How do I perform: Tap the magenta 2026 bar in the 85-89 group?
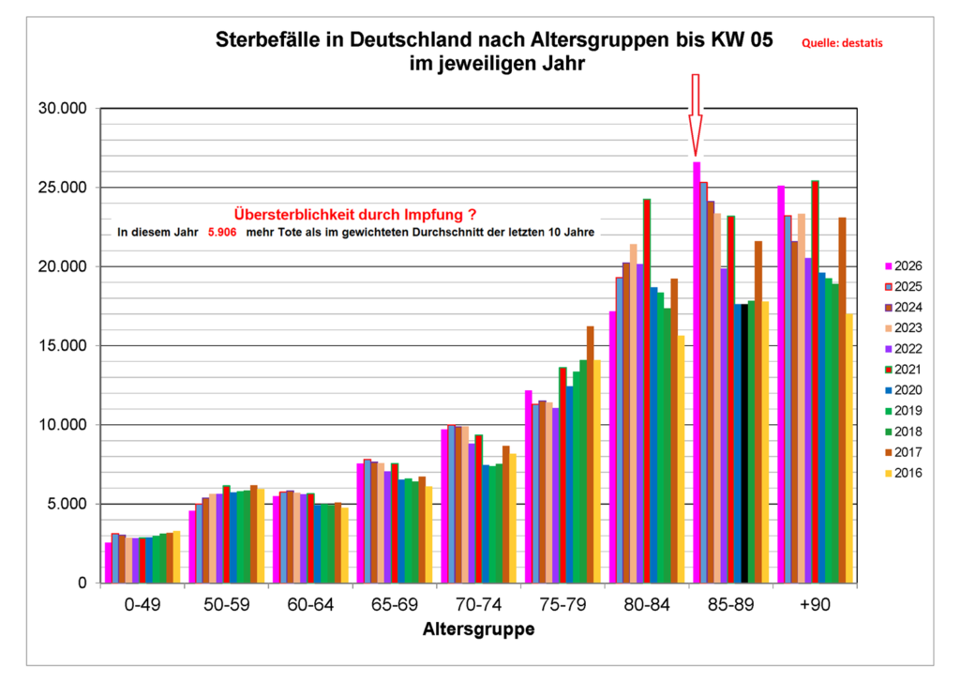coord(697,375)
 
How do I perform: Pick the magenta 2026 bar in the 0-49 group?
coord(109,563)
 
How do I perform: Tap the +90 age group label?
coord(815,606)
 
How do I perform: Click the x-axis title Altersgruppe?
coord(479,629)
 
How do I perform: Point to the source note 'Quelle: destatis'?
coord(841,42)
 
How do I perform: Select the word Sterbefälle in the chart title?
coord(267,41)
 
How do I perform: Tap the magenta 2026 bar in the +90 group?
coord(780,385)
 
